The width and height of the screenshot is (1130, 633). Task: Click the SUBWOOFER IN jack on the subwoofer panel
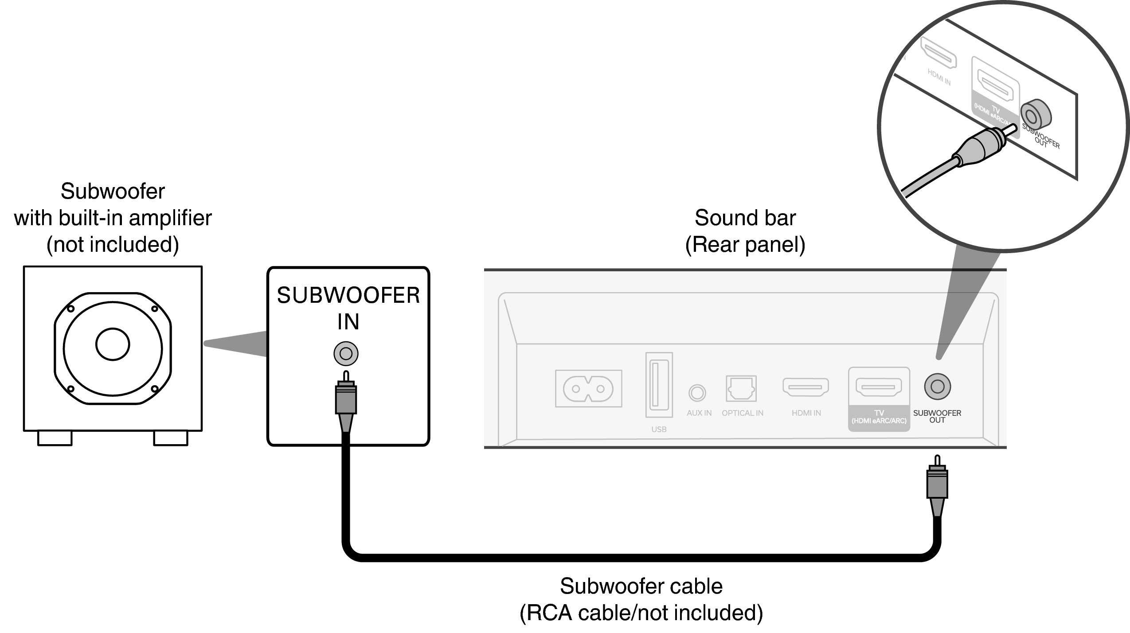[x=346, y=354]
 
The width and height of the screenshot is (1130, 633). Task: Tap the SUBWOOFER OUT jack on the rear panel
[x=937, y=387]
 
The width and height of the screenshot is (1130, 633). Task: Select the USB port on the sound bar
[x=659, y=385]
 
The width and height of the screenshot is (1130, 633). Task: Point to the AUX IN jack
[x=697, y=393]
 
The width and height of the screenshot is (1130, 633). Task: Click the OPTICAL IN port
[x=741, y=389]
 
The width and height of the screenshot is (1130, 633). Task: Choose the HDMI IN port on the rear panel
[x=805, y=387]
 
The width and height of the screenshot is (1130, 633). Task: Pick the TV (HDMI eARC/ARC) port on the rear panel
[x=878, y=387]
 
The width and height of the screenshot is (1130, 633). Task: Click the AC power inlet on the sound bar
[x=588, y=389]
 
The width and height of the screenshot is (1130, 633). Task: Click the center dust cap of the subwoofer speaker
[x=113, y=344]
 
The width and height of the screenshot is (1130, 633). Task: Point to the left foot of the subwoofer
[x=55, y=438]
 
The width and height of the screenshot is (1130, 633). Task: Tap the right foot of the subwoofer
[x=171, y=438]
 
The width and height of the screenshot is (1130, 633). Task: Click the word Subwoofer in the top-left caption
[x=113, y=191]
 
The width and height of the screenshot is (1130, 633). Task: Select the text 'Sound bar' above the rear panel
[x=745, y=218]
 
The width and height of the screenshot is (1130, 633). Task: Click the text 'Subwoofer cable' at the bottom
[x=641, y=586]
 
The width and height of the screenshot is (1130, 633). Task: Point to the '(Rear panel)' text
[x=745, y=245]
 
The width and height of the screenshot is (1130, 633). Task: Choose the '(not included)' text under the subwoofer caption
[x=113, y=245]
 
